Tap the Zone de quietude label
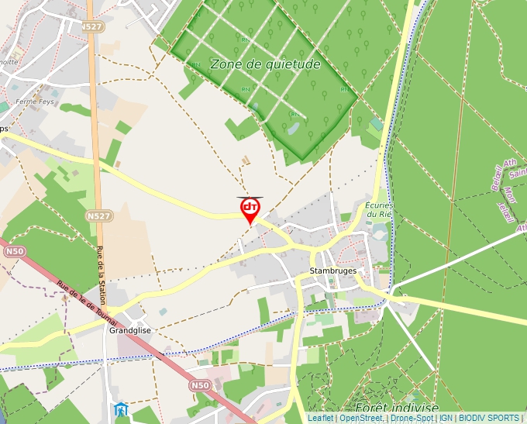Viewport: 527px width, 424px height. pos(265,64)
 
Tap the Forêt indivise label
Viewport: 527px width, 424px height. pos(396,408)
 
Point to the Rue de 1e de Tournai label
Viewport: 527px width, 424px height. pos(86,303)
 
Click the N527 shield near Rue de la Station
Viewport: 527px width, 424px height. pos(98,215)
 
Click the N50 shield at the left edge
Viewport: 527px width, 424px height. pos(14,251)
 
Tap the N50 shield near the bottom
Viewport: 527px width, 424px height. pos(200,384)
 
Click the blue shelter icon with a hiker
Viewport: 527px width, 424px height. pos(120,408)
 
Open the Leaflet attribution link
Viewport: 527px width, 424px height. pos(321,418)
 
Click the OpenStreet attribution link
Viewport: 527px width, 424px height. pos(361,418)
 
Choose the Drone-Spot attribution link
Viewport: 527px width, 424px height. pos(411,418)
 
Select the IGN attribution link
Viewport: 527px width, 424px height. pos(446,418)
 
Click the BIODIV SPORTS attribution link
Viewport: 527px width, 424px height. pos(488,418)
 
